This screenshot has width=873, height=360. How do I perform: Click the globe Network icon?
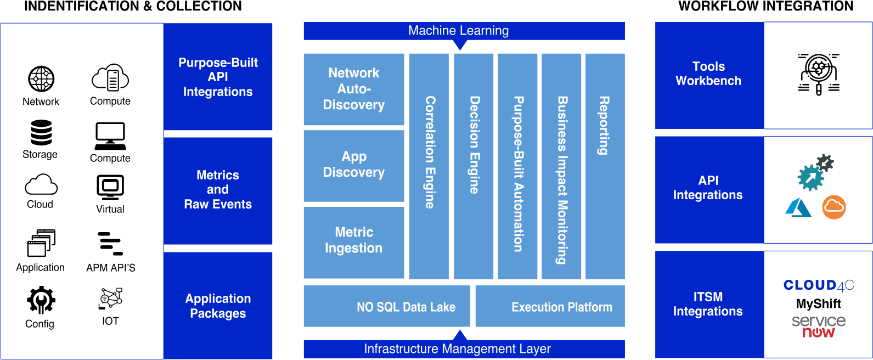click(41, 78)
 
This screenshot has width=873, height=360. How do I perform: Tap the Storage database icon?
click(41, 132)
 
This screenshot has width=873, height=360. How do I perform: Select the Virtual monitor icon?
click(110, 187)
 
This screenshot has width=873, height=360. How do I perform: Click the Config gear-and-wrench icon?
click(41, 300)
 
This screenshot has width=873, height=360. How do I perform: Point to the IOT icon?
click(111, 299)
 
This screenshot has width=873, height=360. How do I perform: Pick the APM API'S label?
click(111, 268)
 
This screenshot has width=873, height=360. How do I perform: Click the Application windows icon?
click(41, 243)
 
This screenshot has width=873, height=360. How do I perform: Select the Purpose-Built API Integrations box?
click(218, 77)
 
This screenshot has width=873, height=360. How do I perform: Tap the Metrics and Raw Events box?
click(218, 191)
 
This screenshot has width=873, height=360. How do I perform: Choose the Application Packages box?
click(218, 306)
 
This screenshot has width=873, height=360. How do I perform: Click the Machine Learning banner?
click(464, 31)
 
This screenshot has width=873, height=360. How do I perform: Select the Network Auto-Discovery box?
click(354, 89)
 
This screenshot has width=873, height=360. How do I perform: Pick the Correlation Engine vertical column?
click(429, 166)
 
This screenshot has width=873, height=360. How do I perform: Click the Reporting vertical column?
click(605, 166)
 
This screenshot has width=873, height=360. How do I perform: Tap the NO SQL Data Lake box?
click(387, 306)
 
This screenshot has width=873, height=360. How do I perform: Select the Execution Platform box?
click(550, 306)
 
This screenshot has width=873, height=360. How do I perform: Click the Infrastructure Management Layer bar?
click(464, 349)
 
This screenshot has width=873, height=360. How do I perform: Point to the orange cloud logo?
click(833, 207)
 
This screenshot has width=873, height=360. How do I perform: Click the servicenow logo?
click(819, 327)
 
